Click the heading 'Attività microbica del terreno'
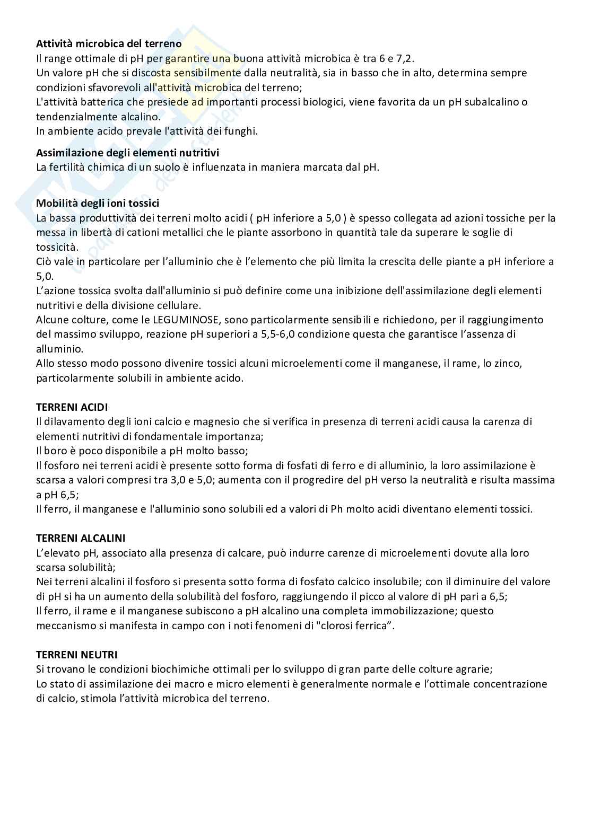coord(109,44)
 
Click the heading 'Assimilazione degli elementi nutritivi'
coord(127,153)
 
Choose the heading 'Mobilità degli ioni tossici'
coord(98,203)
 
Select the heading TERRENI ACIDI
coord(72,407)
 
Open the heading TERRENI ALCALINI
coord(81,538)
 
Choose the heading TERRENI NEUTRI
coord(77,655)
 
